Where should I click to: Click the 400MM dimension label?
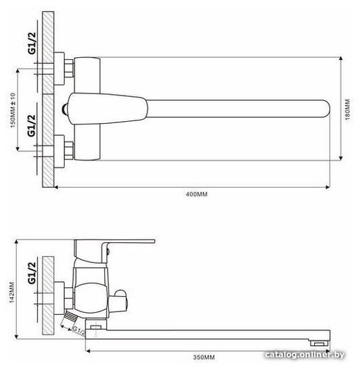[196, 194]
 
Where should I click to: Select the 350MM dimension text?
[204, 357]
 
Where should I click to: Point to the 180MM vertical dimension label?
[347, 110]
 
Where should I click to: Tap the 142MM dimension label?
[12, 293]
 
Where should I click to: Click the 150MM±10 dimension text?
[13, 110]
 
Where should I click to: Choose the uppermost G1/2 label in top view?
[32, 43]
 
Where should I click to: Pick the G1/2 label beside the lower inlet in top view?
[32, 126]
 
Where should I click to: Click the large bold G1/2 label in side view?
[32, 273]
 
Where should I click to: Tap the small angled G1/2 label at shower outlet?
[78, 330]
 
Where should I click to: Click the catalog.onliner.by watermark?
[304, 355]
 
